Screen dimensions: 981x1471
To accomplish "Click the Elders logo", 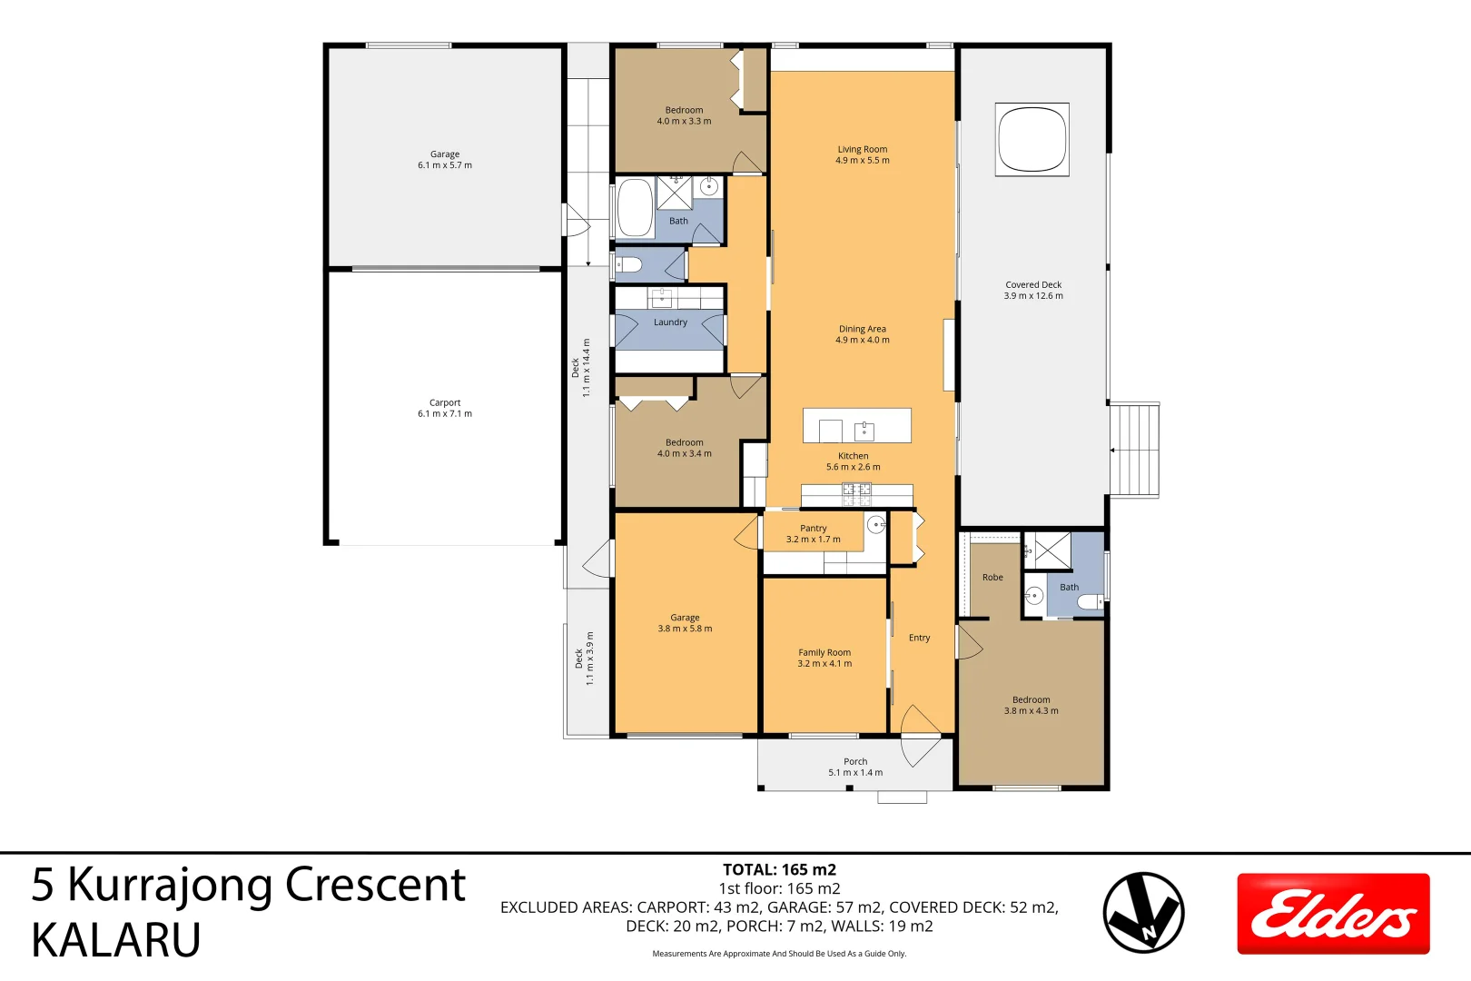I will pyautogui.click(x=1333, y=914).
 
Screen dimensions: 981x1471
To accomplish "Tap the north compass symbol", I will pyautogui.click(x=1143, y=913).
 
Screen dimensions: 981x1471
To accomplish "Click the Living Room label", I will pyautogui.click(x=862, y=149).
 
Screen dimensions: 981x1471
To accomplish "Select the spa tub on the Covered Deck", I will pyautogui.click(x=1032, y=139).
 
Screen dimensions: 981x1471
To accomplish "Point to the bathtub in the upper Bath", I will pyautogui.click(x=635, y=208).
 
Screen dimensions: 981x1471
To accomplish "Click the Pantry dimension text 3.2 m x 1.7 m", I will pyautogui.click(x=813, y=540).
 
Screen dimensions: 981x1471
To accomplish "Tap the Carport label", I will pyautogui.click(x=445, y=402).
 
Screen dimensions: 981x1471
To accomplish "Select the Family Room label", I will pyautogui.click(x=824, y=652).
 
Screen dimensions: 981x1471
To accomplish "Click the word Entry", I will pyautogui.click(x=919, y=638).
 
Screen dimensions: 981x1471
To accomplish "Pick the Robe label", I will pyautogui.click(x=992, y=578).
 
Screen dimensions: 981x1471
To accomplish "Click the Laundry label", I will pyautogui.click(x=670, y=322).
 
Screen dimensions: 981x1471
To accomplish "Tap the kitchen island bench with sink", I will pyautogui.click(x=856, y=426).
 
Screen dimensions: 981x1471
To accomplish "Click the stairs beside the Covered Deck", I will pyautogui.click(x=1134, y=450).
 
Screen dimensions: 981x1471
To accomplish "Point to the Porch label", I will pyautogui.click(x=855, y=761).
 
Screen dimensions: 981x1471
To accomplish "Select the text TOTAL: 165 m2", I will pyautogui.click(x=779, y=869).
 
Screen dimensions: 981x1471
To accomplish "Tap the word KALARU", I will pyautogui.click(x=116, y=940).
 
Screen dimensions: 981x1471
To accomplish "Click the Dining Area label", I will pyautogui.click(x=862, y=329).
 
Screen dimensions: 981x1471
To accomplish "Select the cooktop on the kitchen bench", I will pyautogui.click(x=856, y=494).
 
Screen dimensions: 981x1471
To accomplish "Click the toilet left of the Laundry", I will pyautogui.click(x=629, y=265).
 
